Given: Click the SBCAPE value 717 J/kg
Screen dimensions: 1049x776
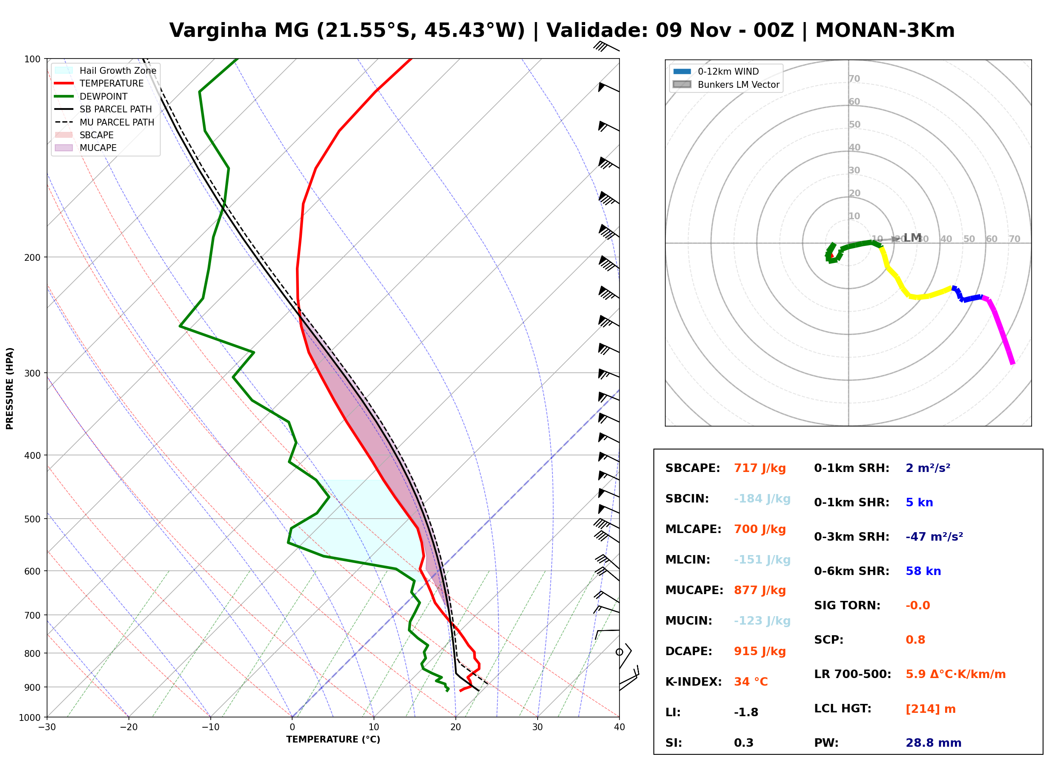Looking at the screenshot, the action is click(x=760, y=468).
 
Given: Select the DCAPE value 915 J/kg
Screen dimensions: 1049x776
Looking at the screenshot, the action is click(x=760, y=651).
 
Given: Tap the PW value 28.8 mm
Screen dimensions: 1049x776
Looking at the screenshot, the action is click(x=933, y=743).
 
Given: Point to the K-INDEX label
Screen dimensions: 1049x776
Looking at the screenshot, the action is click(x=693, y=682).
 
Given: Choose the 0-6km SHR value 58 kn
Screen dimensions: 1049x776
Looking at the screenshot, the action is click(x=923, y=571).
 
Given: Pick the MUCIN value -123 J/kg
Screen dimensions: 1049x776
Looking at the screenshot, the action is click(x=762, y=621).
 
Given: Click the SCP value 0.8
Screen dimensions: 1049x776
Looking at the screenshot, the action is click(x=915, y=640).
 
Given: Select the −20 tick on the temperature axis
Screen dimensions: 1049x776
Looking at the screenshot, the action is click(x=128, y=727).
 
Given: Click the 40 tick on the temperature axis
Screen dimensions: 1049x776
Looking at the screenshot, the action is click(x=619, y=727).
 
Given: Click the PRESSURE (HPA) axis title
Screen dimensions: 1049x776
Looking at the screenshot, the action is click(x=10, y=388).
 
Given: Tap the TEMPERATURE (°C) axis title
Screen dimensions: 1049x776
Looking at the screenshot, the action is click(x=333, y=740).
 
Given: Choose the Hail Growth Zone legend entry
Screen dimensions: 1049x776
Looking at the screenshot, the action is click(x=105, y=70).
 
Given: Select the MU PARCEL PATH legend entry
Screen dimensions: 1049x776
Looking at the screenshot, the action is click(x=104, y=122).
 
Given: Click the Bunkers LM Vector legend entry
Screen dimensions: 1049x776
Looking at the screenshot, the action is click(x=726, y=84).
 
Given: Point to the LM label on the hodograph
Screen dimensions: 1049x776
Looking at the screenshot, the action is click(x=912, y=238).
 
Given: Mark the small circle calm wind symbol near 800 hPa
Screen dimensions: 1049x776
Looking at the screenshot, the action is click(x=619, y=652).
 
